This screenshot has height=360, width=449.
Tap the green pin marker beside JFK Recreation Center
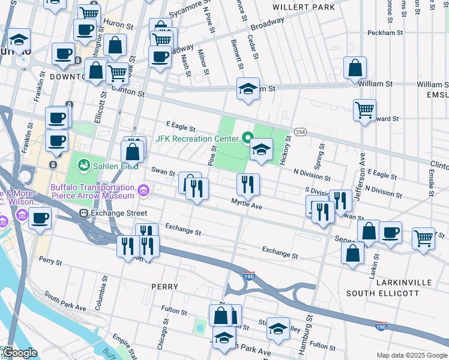coord(246,139)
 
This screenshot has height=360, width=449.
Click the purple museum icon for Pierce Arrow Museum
coord(143,191)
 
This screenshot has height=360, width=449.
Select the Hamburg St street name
coord(310,331)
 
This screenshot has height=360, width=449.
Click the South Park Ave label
coord(65,302)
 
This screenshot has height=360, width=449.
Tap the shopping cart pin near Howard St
coord(364,110)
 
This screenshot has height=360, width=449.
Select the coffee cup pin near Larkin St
coord(390,232)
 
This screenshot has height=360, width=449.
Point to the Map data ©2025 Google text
coord(411,355)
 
